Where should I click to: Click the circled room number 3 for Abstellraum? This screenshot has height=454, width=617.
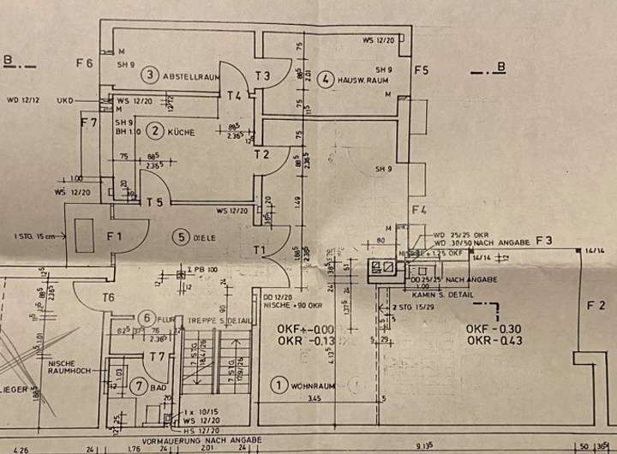tap(150, 75)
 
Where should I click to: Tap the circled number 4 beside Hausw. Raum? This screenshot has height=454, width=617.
tap(326, 80)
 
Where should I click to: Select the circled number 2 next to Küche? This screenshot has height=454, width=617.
tap(155, 131)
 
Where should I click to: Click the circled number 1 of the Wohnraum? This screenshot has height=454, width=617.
tap(278, 385)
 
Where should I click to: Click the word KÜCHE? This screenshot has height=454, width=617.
tap(183, 132)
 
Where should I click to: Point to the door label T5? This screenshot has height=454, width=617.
tap(154, 202)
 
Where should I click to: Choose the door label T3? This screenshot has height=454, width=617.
tap(262, 76)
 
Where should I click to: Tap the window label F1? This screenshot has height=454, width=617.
tap(115, 236)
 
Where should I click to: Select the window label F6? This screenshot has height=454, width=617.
tap(83, 62)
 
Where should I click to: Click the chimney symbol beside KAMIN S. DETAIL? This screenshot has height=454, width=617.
tap(382, 269)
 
